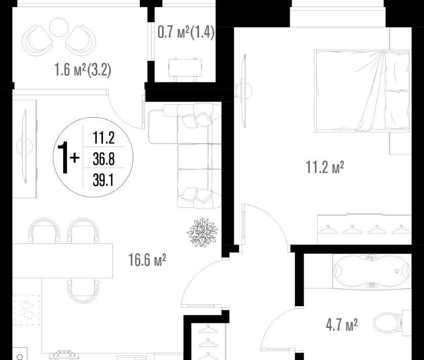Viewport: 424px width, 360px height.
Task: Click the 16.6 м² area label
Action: click(147, 260)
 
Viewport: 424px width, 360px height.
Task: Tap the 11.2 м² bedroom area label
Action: click(325, 167)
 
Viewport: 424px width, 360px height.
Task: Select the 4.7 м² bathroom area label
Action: click(342, 325)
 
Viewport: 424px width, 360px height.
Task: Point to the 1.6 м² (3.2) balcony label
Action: click(83, 69)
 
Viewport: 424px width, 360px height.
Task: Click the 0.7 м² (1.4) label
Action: click(186, 32)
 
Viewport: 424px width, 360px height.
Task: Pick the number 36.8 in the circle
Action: click(103, 159)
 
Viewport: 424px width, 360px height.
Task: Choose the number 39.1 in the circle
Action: click(103, 180)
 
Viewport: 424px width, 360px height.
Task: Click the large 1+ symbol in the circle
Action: click(68, 158)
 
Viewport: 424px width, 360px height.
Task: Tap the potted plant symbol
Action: click(203, 233)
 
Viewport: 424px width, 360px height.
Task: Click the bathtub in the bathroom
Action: click(372, 271)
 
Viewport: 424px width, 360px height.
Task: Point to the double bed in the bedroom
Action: click(362, 91)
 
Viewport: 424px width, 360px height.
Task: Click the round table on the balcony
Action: click(58, 27)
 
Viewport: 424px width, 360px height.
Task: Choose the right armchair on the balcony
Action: click(81, 41)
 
